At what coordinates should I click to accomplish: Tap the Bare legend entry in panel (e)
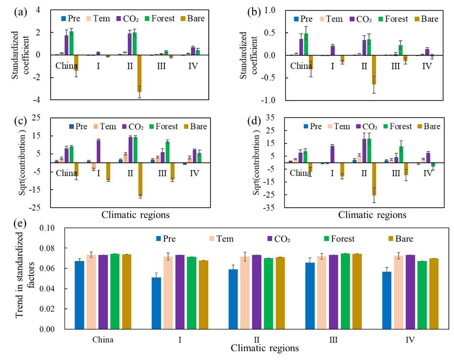[x=400, y=239]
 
